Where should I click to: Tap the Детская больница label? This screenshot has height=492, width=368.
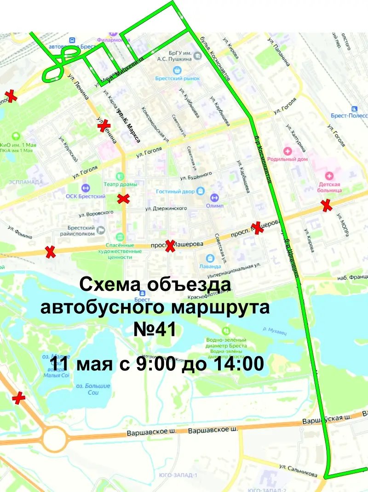[329, 186]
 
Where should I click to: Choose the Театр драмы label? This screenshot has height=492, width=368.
[120, 184]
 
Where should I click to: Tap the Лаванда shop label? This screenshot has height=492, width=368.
[210, 266]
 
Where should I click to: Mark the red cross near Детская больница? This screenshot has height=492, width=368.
[327, 205]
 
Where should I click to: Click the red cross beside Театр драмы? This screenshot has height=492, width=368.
[123, 199]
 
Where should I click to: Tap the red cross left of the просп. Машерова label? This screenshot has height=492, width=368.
[170, 246]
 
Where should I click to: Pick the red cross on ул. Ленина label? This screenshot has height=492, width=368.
[104, 125]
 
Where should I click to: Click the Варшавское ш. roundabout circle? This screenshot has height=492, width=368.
[54, 438]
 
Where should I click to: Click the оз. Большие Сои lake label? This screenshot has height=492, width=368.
[92, 389]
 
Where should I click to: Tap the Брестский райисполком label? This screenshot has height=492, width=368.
[81, 231]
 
